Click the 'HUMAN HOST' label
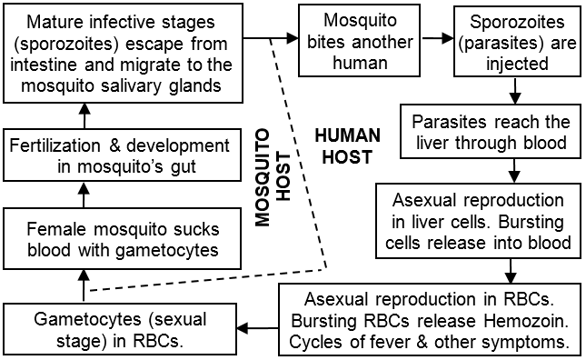click(345, 145)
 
